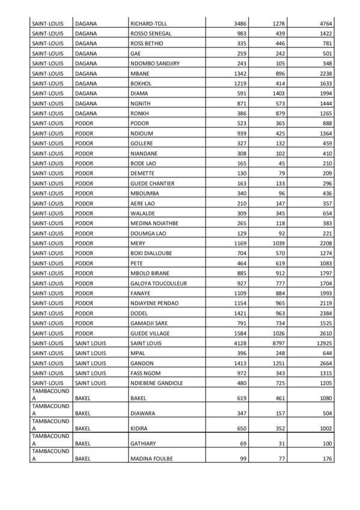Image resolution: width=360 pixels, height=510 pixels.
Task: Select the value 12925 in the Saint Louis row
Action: (x=338, y=343)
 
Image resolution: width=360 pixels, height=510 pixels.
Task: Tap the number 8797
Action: (x=275, y=343)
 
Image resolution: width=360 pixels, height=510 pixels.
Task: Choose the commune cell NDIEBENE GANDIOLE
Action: (x=156, y=383)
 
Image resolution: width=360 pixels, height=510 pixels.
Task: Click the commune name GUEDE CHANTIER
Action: (x=152, y=183)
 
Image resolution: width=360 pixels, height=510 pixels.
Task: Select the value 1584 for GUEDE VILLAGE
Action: (x=239, y=333)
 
